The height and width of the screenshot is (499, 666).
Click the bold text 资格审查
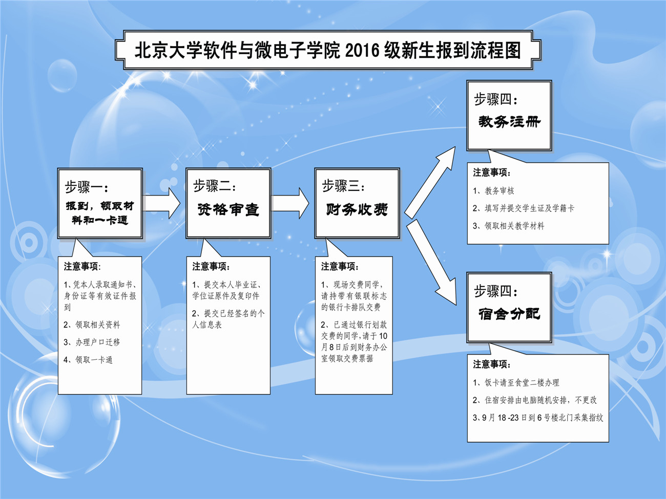pyautogui.click(x=228, y=209)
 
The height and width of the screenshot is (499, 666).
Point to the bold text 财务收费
pyautogui.click(x=357, y=209)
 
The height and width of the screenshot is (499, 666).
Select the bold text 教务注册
pyautogui.click(x=509, y=122)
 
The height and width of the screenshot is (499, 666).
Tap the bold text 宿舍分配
pyautogui.click(x=509, y=314)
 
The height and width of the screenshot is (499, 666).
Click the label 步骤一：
pyautogui.click(x=87, y=187)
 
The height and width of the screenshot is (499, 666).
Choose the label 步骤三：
pyautogui.click(x=344, y=187)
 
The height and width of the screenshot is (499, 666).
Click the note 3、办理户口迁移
pyautogui.click(x=92, y=342)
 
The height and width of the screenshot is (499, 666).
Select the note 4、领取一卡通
pyautogui.click(x=88, y=360)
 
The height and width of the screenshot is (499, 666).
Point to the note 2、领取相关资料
pyautogui.click(x=92, y=324)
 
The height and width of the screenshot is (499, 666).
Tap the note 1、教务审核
pyautogui.click(x=493, y=191)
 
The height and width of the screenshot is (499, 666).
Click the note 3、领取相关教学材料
pyautogui.click(x=508, y=226)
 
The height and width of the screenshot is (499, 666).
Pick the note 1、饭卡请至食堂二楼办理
pyautogui.click(x=516, y=382)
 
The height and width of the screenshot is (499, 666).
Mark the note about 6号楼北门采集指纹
pyautogui.click(x=538, y=418)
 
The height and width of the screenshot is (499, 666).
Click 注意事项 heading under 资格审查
pyautogui.click(x=211, y=267)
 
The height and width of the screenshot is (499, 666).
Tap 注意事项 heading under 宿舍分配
pyautogui.click(x=492, y=364)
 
